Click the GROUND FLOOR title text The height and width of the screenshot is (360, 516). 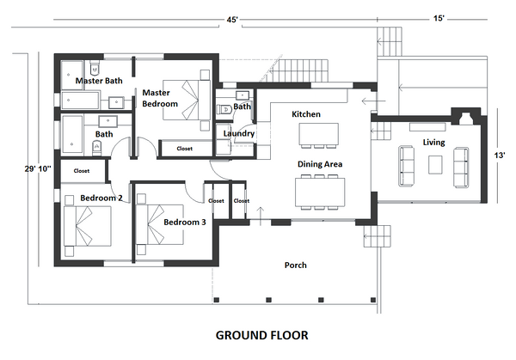[261, 334]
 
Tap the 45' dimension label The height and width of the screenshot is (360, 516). [232, 19]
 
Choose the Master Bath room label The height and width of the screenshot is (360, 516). [98, 81]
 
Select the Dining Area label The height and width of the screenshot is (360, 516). [321, 163]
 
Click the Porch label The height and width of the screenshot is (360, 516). [296, 265]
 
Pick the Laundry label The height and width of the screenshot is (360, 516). [238, 134]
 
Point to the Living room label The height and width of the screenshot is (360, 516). [433, 142]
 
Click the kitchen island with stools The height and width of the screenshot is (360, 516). [318, 135]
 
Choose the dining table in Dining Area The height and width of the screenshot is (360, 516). [320, 191]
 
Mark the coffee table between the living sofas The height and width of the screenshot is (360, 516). [436, 163]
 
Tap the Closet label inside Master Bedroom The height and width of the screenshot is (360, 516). [184, 149]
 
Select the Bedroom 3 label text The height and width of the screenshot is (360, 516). [185, 223]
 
